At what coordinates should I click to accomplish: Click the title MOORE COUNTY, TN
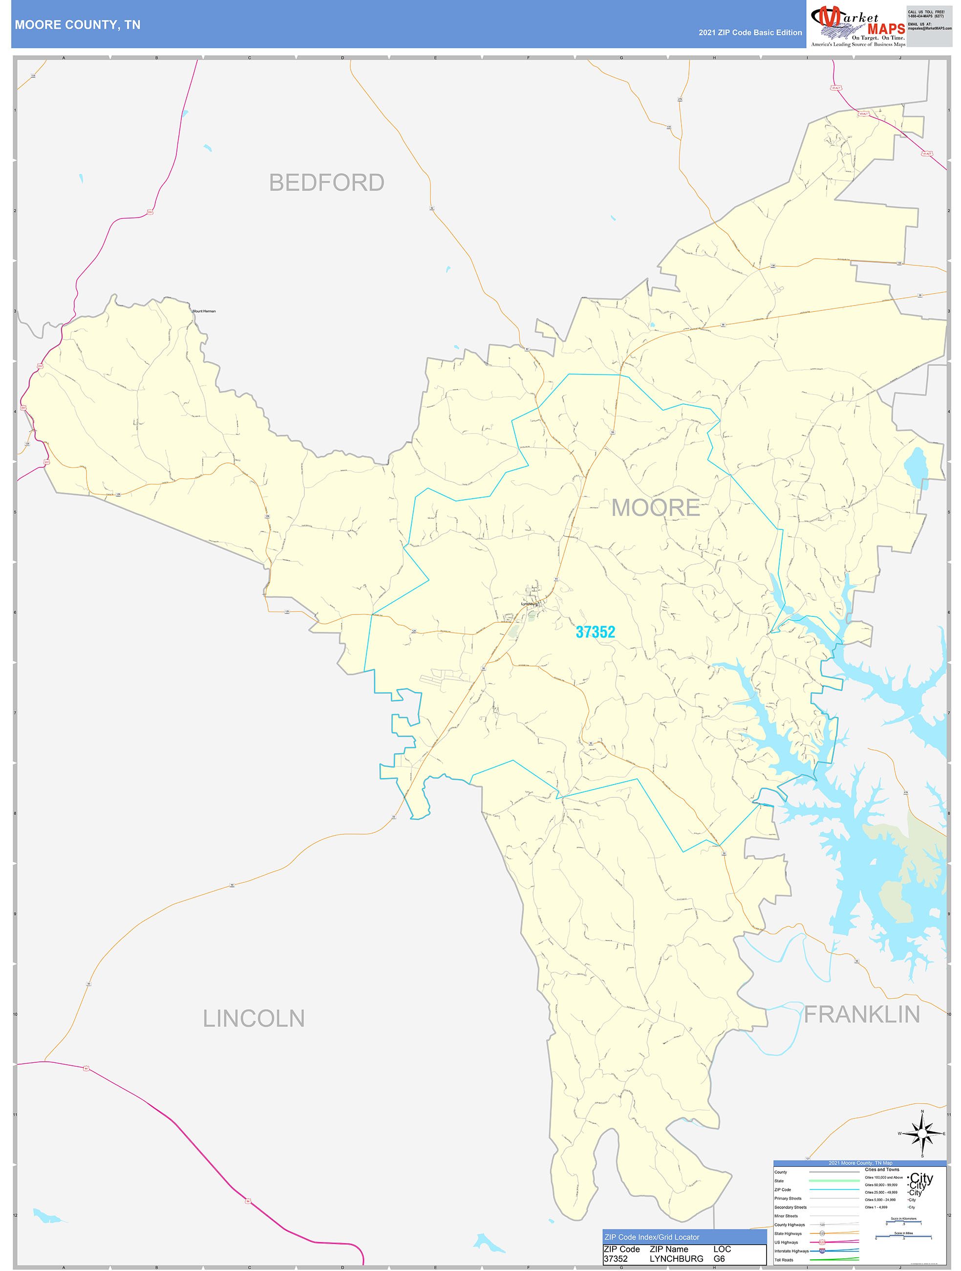pyautogui.click(x=78, y=25)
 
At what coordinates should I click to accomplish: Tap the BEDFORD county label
pyautogui.click(x=326, y=183)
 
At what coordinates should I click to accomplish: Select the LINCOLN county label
pyautogui.click(x=253, y=1019)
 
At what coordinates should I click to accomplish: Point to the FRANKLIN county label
pyautogui.click(x=862, y=1015)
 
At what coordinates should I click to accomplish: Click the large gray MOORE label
pyautogui.click(x=656, y=508)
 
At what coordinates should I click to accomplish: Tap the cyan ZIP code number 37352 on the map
pyautogui.click(x=595, y=632)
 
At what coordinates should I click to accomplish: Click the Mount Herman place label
pyautogui.click(x=204, y=311)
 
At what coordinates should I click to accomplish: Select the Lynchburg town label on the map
pyautogui.click(x=529, y=604)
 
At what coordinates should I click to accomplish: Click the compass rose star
pyautogui.click(x=922, y=1134)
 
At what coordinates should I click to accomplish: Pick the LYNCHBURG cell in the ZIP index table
pyautogui.click(x=676, y=1259)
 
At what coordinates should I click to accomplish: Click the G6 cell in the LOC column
pyautogui.click(x=719, y=1259)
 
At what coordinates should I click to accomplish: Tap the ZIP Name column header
pyautogui.click(x=669, y=1249)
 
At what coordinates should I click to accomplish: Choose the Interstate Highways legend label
pyautogui.click(x=791, y=1251)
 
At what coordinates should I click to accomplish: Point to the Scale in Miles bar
pyautogui.click(x=903, y=1236)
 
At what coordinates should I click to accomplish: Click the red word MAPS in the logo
pyautogui.click(x=886, y=29)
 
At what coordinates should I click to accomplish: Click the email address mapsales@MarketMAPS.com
pyautogui.click(x=929, y=28)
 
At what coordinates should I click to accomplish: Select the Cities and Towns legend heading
pyautogui.click(x=882, y=1169)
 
